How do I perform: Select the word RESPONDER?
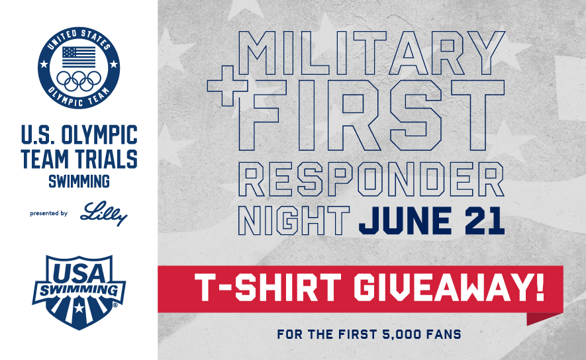tap(371, 178)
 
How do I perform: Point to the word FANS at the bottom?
tap(442, 334)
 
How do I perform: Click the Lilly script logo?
tap(103, 214)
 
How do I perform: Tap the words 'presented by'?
tap(49, 214)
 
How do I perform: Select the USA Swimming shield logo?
tap(78, 289)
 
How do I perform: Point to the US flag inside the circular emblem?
tap(78, 57)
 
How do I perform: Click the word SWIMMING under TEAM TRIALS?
tap(78, 179)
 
